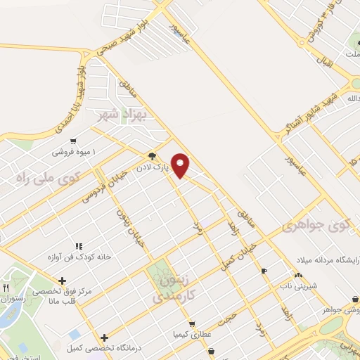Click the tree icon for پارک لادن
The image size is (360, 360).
[152, 156]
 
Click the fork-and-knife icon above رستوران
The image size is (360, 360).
[6, 288]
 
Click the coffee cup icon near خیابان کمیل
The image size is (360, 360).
[264, 271]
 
